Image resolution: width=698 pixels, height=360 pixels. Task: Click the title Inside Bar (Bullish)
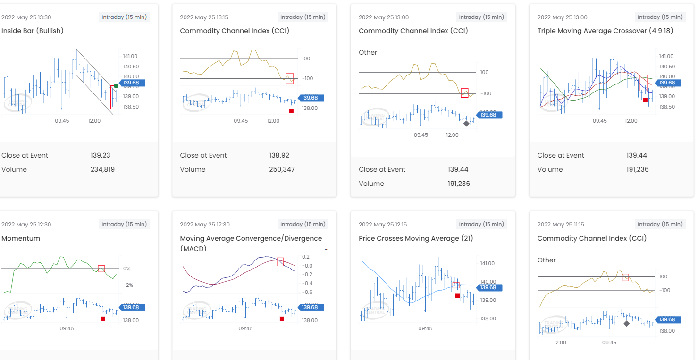pos(33,31)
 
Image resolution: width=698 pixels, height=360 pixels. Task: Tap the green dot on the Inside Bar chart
pos(116,86)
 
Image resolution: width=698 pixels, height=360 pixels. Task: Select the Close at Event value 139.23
pos(101,155)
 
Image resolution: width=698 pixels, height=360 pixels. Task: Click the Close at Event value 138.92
pos(279,155)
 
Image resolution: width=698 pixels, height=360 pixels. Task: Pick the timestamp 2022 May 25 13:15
pos(204,17)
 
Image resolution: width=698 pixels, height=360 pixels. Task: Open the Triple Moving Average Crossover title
pos(605,31)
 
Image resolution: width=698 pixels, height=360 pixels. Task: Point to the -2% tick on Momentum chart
pos(127,285)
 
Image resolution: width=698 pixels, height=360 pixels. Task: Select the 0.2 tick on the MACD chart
pos(305,257)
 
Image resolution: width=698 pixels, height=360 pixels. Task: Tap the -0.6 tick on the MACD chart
pos(306,292)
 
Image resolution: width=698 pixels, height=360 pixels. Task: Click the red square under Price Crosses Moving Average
pos(457,296)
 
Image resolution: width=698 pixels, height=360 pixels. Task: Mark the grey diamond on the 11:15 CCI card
pos(626,324)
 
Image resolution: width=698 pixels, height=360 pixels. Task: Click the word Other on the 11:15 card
pos(547,260)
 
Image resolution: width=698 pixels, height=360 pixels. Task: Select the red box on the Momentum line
pos(101,268)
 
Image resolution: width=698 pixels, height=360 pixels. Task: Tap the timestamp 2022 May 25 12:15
pos(383,225)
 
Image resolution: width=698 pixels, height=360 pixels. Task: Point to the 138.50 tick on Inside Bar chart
pos(131,107)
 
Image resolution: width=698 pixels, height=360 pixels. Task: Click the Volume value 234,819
pos(102,169)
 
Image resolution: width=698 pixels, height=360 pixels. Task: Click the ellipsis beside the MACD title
pos(327,249)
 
